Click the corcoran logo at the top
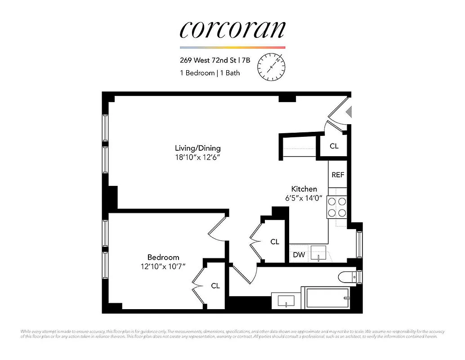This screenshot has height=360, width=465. (232, 29)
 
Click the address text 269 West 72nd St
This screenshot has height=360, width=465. (208, 59)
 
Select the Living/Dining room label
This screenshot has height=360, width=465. (198, 148)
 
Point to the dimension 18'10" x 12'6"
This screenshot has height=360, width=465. (198, 157)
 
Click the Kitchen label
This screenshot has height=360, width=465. (304, 189)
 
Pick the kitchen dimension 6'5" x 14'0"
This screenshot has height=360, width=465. (304, 198)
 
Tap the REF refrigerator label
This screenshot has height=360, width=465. (338, 175)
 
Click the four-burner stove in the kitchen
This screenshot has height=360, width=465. (337, 207)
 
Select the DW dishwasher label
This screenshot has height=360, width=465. (299, 255)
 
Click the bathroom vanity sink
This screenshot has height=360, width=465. (286, 301)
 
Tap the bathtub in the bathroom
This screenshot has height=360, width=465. (327, 299)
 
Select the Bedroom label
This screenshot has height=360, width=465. (163, 257)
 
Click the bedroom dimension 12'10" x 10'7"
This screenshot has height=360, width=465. (163, 266)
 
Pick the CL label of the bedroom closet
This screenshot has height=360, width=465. (215, 286)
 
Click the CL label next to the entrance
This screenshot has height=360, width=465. (334, 146)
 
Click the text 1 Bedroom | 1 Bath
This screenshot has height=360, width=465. (210, 73)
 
